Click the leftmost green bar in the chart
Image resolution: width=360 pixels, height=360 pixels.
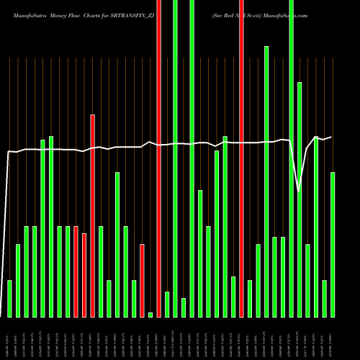point(9,298)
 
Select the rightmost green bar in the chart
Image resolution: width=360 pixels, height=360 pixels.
point(333,245)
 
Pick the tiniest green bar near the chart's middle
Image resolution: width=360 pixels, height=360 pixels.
point(150,315)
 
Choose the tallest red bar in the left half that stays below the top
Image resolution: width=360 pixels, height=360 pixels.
point(92,216)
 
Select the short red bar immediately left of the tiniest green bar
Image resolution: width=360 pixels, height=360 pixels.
point(142,281)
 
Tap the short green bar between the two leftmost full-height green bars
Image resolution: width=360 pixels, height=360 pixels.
point(184,307)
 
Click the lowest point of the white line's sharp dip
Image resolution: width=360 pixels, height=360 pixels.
point(299,192)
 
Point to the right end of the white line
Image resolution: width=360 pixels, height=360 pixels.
point(331,137)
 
